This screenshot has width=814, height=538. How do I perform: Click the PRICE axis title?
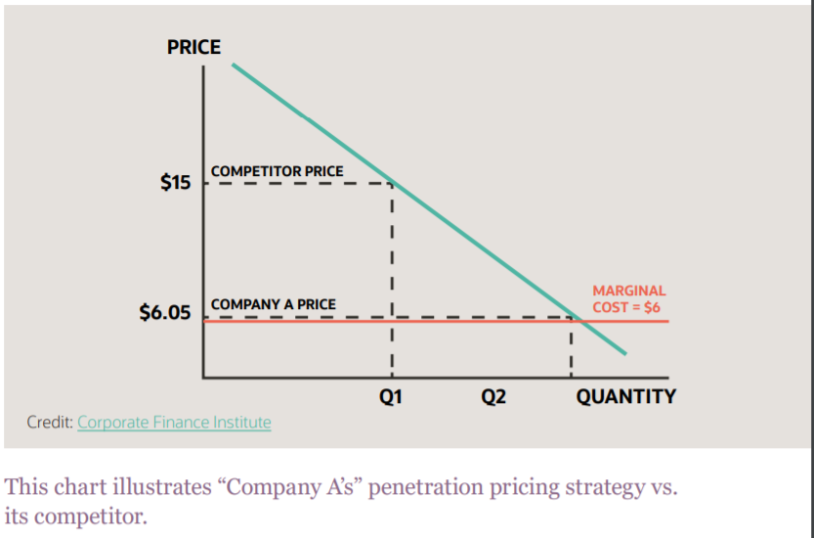[x=193, y=47]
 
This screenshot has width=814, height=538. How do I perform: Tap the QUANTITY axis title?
[x=625, y=396]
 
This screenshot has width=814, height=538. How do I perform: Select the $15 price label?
[x=176, y=183]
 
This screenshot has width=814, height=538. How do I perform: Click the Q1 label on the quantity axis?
[x=392, y=396]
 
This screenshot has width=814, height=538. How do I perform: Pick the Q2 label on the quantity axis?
[x=493, y=396]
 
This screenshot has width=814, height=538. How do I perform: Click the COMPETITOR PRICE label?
[x=278, y=171]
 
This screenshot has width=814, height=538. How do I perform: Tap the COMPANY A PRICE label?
[x=273, y=304]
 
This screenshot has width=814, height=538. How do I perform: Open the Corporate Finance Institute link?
[x=174, y=423]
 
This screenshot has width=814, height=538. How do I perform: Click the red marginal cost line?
[x=440, y=322]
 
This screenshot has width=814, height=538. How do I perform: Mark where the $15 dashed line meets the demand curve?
[x=392, y=183]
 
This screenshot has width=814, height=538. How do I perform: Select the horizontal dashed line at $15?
[x=293, y=183]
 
